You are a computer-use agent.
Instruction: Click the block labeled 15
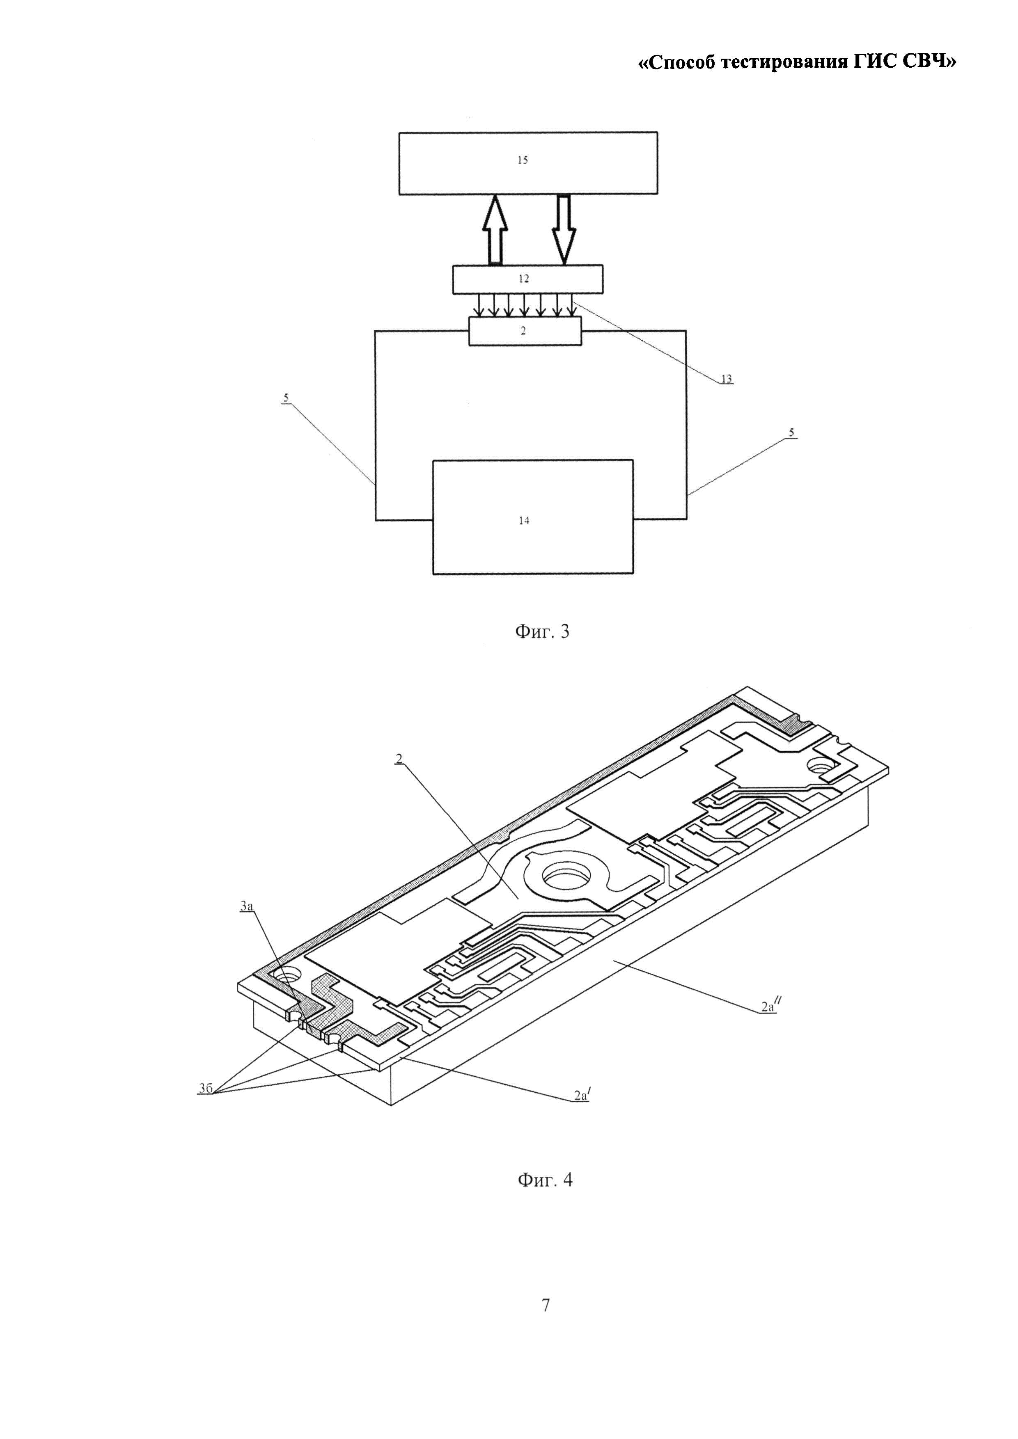[x=528, y=163]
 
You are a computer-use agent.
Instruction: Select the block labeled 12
[x=528, y=279]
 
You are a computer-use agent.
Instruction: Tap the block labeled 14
[x=533, y=517]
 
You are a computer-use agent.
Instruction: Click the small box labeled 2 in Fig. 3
[x=525, y=330]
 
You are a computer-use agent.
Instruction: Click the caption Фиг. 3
[x=542, y=631]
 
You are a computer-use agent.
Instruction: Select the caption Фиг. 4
[x=545, y=1180]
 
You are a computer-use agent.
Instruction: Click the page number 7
[x=546, y=1304]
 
